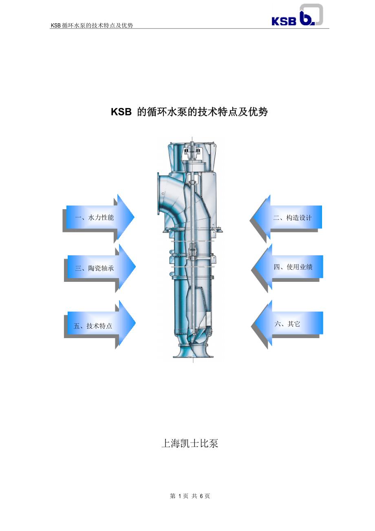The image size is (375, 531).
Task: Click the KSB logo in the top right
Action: click(x=297, y=15)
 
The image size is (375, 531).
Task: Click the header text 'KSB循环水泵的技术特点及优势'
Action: click(x=92, y=25)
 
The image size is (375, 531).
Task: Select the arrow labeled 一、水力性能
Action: click(x=100, y=217)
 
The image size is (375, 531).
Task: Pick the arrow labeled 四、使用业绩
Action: click(x=288, y=267)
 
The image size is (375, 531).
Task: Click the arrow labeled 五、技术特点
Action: click(x=100, y=325)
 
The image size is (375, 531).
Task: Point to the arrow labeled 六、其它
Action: click(x=288, y=324)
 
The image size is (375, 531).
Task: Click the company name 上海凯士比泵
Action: click(x=190, y=443)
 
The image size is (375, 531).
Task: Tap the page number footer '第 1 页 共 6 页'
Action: click(x=190, y=496)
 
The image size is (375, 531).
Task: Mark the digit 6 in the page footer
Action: click(x=201, y=496)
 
